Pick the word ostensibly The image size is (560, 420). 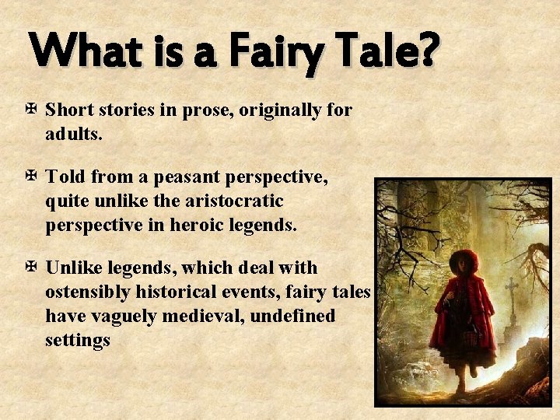click(90, 292)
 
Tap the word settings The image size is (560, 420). click(78, 340)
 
